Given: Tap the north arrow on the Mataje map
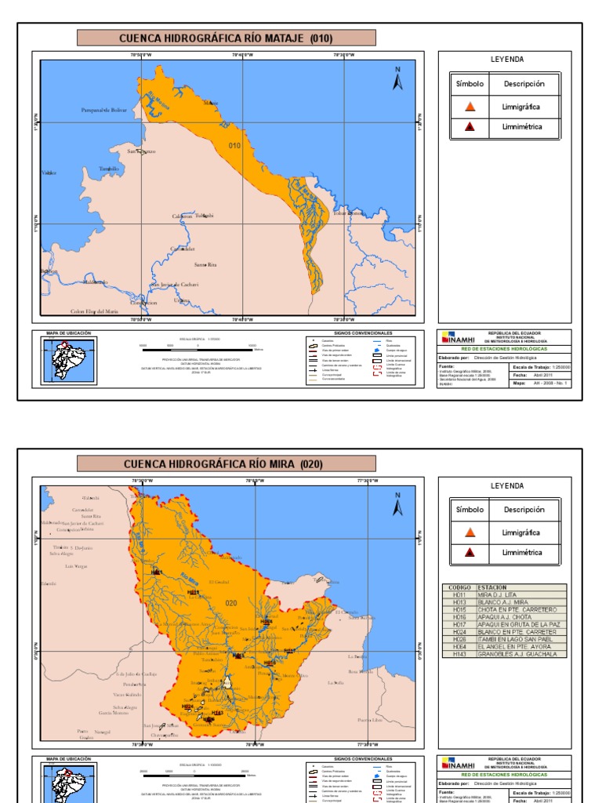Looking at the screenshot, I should tap(397, 79).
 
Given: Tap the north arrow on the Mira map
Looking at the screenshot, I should tap(397, 505).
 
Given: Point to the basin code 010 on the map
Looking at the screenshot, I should tap(234, 146).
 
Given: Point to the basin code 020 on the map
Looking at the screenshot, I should tap(231, 603).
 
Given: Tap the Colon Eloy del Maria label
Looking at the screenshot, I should tap(94, 311).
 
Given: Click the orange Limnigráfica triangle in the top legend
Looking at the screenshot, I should tap(470, 107).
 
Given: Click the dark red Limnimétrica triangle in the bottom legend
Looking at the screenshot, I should tap(470, 552).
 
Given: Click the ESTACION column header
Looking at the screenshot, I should tap(492, 587).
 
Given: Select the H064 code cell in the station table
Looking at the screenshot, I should tap(459, 647).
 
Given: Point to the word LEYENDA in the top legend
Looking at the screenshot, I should tap(506, 60).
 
